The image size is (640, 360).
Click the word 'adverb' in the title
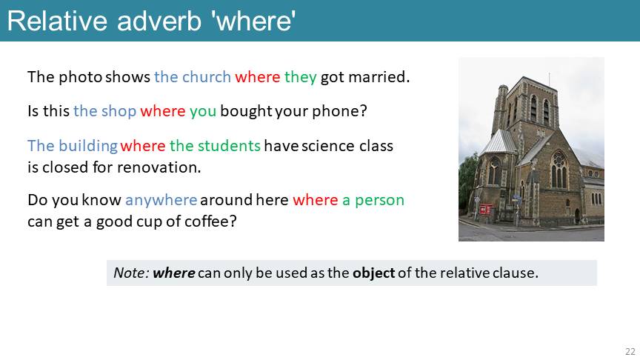[159, 21]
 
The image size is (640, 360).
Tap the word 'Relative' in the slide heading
[57, 21]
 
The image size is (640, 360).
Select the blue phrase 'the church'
[193, 77]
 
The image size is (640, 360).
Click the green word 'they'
[301, 78]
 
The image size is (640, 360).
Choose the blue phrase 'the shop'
[104, 111]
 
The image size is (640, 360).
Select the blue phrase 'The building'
[73, 146]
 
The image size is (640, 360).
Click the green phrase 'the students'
[215, 146]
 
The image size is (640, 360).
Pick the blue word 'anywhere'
[161, 201]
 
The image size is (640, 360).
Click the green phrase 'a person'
[373, 201]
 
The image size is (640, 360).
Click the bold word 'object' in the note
[374, 273]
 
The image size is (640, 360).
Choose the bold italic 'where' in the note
[174, 273]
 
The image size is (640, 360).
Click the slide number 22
[630, 351]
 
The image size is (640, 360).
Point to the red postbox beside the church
[483, 210]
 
